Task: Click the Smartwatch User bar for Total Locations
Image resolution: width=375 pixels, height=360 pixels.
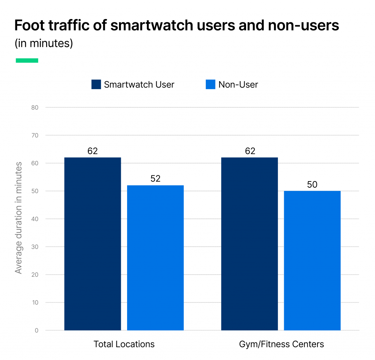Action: tap(93, 244)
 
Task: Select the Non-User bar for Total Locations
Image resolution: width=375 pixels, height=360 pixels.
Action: tap(155, 258)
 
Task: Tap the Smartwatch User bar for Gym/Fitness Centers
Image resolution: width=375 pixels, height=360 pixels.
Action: tap(250, 244)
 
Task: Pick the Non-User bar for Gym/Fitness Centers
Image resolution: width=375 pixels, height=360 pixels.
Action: tap(312, 260)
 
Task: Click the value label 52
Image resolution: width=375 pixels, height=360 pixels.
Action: tap(155, 179)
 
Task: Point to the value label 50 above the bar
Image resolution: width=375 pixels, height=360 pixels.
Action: tap(312, 184)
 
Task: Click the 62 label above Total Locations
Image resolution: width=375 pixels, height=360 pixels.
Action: tap(93, 151)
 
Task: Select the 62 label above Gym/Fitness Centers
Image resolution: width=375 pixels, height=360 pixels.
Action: tap(250, 151)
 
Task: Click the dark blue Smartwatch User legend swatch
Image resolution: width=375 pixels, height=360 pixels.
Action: tap(96, 85)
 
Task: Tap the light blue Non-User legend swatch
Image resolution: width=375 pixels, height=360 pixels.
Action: tap(211, 85)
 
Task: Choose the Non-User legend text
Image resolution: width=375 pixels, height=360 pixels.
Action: tap(238, 85)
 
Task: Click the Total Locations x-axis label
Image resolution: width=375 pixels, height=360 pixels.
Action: tap(124, 344)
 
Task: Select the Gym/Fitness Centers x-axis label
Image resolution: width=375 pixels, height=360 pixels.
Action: tap(281, 344)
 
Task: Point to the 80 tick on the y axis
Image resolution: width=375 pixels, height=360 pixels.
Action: tap(35, 107)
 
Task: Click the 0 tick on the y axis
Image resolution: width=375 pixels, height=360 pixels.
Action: tap(37, 330)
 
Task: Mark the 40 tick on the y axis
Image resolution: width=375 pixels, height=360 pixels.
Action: tap(35, 219)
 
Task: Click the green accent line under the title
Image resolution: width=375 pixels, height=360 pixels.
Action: tap(27, 60)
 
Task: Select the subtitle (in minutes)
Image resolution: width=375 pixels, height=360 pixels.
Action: tap(44, 43)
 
